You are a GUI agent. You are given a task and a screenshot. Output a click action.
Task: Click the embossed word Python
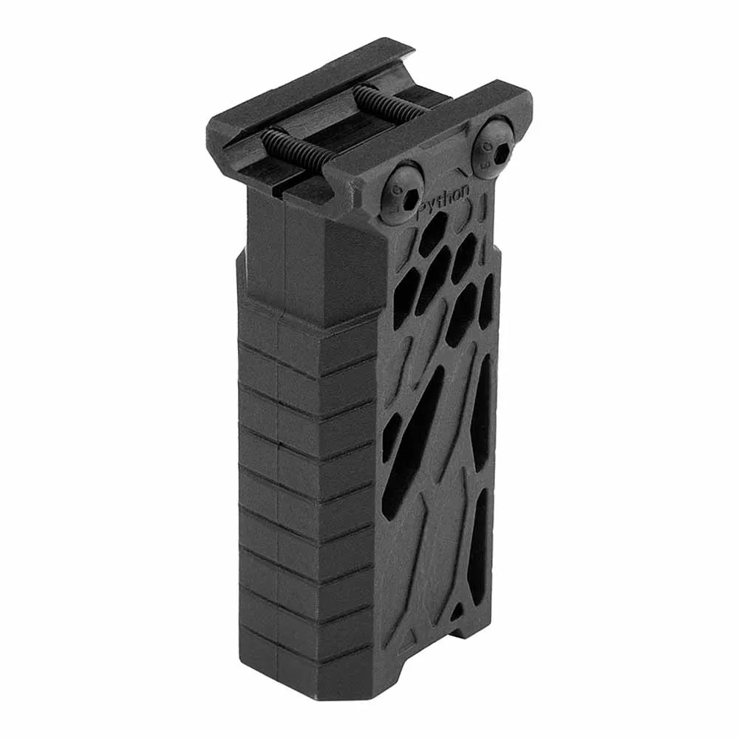coord(444,200)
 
